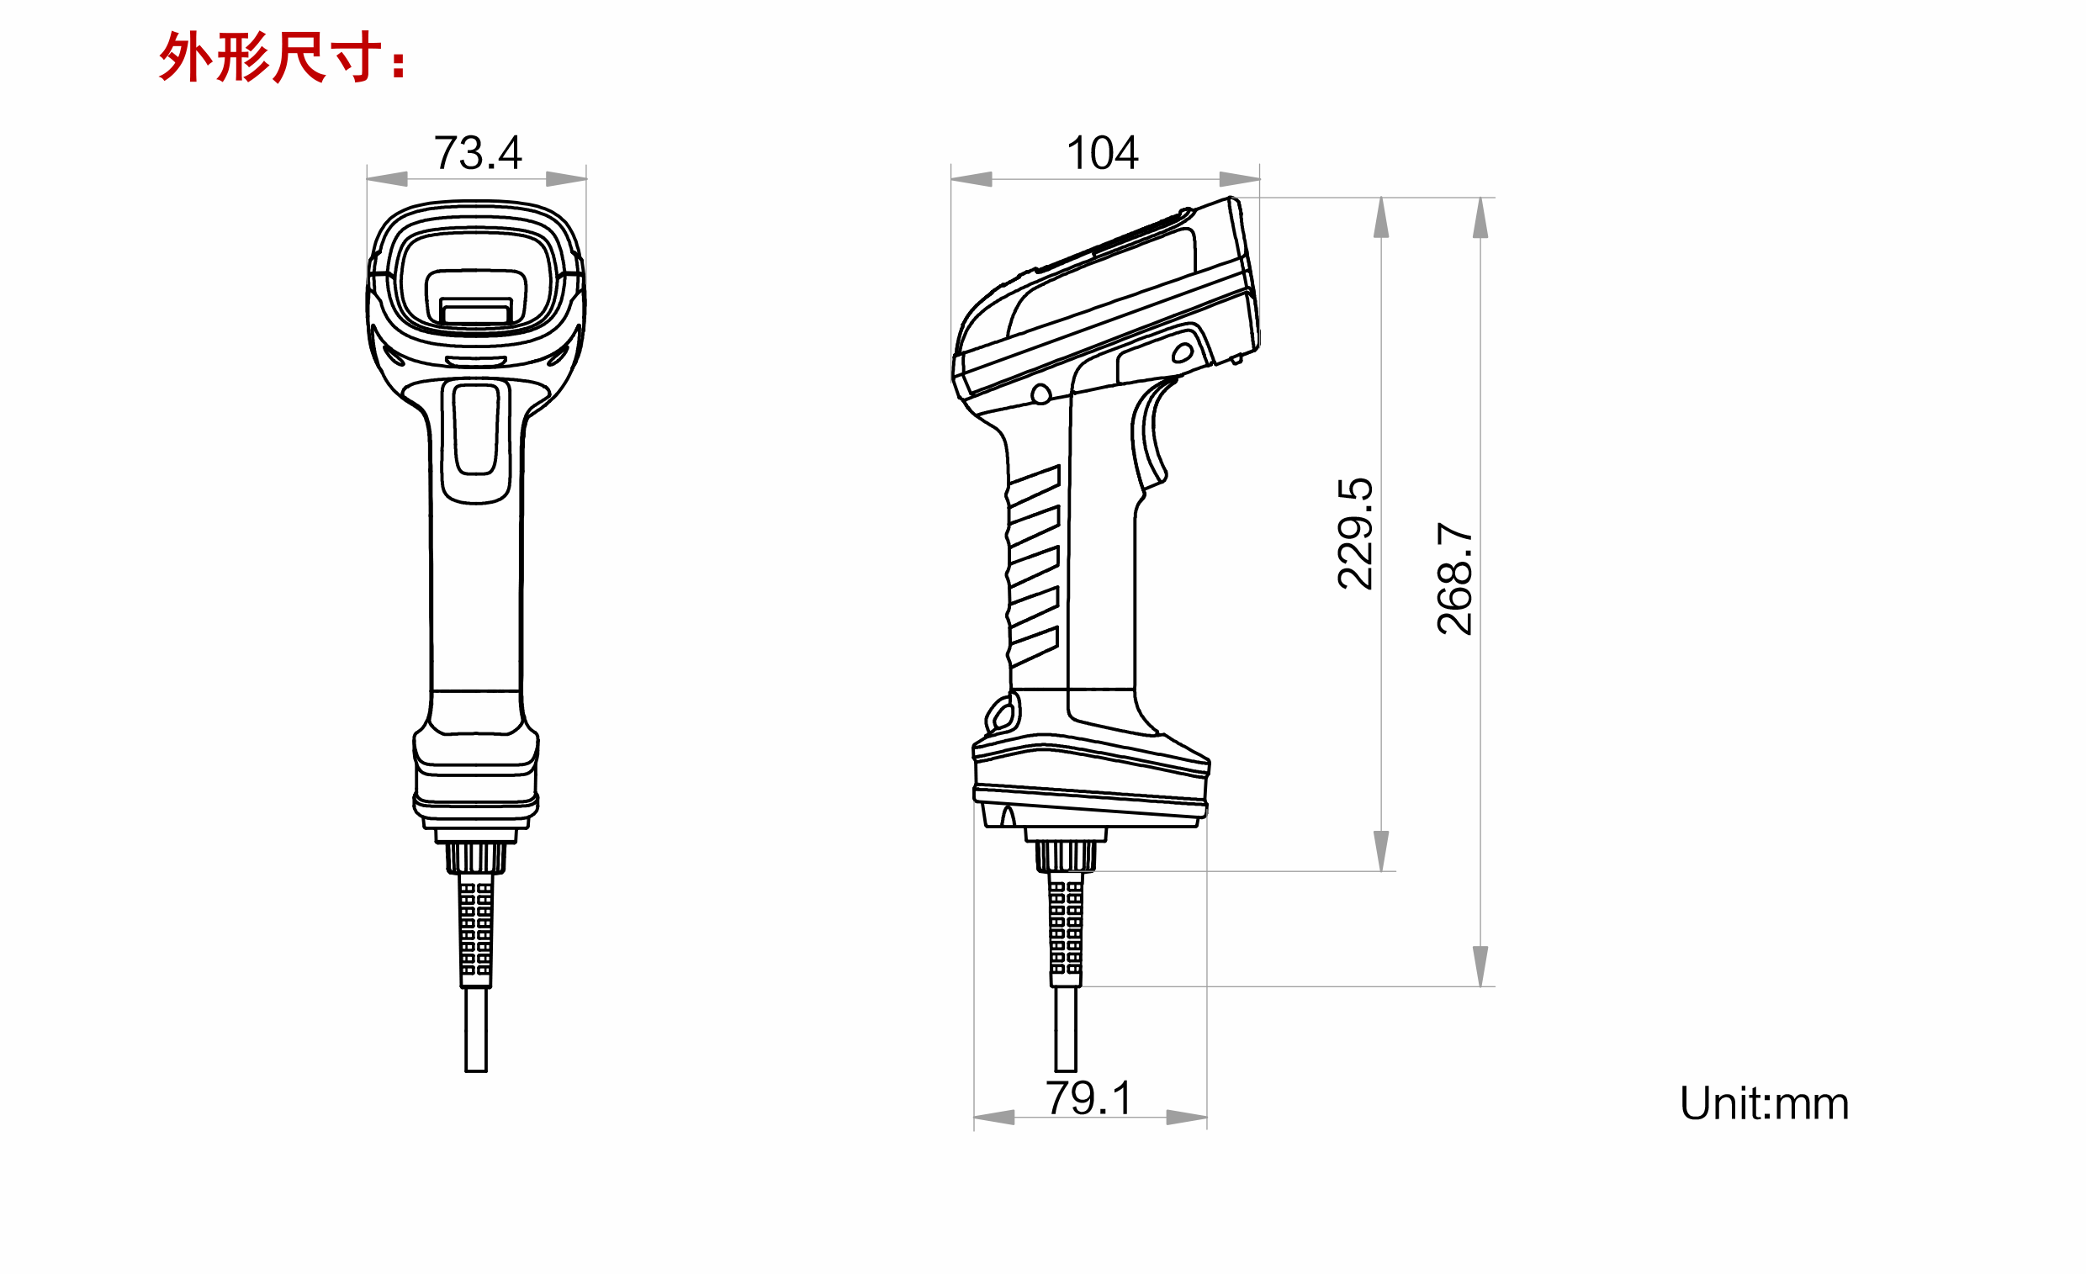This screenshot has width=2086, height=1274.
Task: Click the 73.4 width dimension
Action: click(x=478, y=153)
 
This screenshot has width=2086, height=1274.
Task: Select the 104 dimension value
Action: click(x=1101, y=153)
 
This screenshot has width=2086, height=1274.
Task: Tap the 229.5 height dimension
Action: click(x=1354, y=533)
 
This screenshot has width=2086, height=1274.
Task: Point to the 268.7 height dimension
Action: click(x=1454, y=579)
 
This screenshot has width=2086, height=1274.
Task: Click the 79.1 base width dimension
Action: click(x=1088, y=1099)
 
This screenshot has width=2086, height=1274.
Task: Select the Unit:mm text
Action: click(x=1765, y=1104)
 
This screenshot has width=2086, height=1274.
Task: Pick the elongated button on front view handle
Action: click(x=476, y=430)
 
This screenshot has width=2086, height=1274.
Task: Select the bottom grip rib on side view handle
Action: click(x=1034, y=647)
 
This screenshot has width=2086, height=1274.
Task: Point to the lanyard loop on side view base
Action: click(x=1003, y=714)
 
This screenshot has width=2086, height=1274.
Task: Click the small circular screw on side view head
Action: click(x=1041, y=394)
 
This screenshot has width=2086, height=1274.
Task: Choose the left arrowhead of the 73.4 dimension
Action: click(x=387, y=178)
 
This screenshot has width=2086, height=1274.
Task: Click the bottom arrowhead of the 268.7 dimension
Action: click(x=1480, y=966)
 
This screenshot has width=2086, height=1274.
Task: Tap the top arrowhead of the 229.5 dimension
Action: click(x=1381, y=218)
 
